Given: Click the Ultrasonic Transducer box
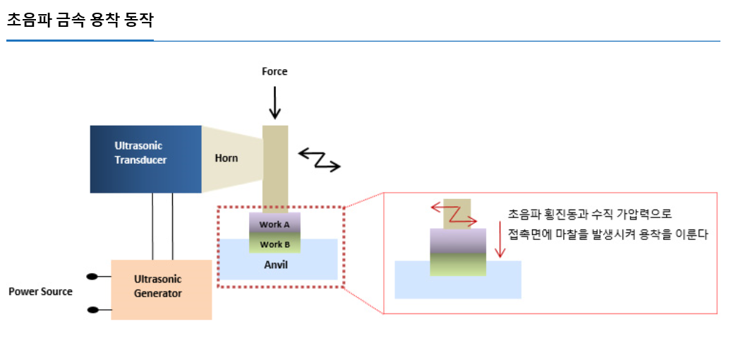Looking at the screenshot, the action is click(x=145, y=159).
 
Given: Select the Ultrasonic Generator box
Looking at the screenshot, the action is click(x=162, y=289).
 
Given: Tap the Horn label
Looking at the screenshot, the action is click(x=226, y=159).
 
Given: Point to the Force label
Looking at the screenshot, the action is click(x=274, y=71).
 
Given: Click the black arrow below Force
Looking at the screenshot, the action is click(x=275, y=102).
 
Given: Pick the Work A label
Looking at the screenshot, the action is click(x=274, y=224).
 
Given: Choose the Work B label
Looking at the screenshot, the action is click(x=274, y=244).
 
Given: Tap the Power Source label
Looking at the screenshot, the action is click(x=40, y=292).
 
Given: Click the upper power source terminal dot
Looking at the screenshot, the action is click(x=92, y=277).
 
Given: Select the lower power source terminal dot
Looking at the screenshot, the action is click(x=92, y=310).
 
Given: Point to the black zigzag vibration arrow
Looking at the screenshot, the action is click(x=320, y=160).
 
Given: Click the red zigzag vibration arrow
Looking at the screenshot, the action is click(x=453, y=214).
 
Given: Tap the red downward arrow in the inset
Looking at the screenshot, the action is click(x=500, y=239).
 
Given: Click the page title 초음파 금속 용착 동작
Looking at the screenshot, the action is click(x=80, y=20).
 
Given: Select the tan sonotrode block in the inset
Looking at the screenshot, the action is click(x=457, y=214).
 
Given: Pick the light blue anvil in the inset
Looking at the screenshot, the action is click(x=458, y=280).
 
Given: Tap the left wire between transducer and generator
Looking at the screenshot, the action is click(x=152, y=226).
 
